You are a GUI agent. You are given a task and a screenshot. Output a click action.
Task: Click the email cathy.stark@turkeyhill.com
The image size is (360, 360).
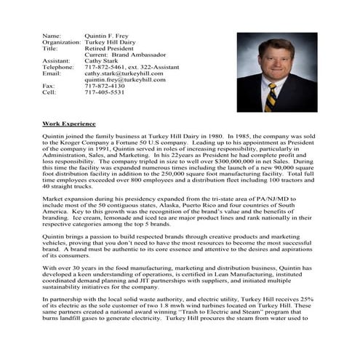pyautogui.click(x=124, y=73)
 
